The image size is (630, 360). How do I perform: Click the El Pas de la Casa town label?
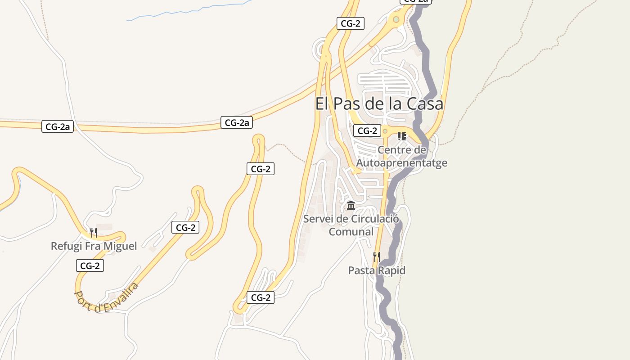[x=379, y=104]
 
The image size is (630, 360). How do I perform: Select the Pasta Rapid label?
[x=377, y=270]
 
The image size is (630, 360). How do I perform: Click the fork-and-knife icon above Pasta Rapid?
[x=376, y=257]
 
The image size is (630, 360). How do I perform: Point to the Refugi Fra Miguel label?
[x=94, y=246]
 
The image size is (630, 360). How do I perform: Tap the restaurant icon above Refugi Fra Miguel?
[x=93, y=233]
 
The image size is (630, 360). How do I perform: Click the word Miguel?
[x=120, y=246]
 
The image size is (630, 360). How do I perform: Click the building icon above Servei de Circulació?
[x=351, y=206]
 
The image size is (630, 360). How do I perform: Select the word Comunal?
[x=351, y=232]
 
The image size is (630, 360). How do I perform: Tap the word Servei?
[x=319, y=219]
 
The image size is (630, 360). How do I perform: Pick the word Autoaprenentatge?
[x=402, y=162]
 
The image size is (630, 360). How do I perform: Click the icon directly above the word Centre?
[x=402, y=136]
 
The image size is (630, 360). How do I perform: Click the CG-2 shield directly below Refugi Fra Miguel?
[x=90, y=266]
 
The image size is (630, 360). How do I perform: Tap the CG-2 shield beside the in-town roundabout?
[x=367, y=131]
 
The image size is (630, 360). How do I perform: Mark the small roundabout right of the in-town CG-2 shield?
[x=385, y=131]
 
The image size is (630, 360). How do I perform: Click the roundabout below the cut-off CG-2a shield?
[x=396, y=19]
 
